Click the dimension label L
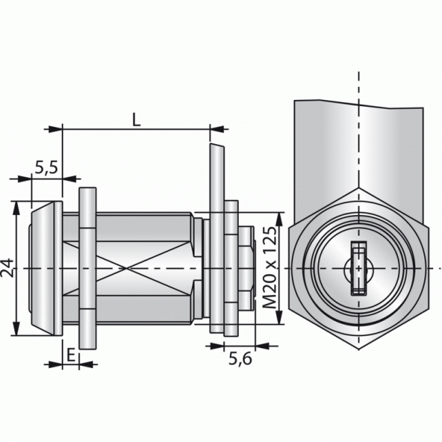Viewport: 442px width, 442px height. click(x=137, y=120)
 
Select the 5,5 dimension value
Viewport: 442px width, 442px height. click(x=46, y=167)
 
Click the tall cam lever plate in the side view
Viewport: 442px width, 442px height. click(x=216, y=238)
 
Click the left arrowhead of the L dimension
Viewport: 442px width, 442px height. click(x=67, y=128)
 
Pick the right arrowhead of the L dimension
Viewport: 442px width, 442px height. click(x=205, y=128)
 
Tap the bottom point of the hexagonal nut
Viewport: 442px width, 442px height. click(x=358, y=349)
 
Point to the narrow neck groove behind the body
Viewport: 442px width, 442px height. click(x=200, y=269)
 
